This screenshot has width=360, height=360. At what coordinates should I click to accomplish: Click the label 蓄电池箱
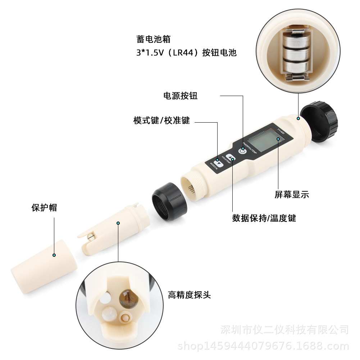click(149, 39)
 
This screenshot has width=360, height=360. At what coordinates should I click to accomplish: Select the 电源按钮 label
click(180, 96)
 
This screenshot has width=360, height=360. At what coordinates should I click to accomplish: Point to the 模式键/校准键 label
click(161, 120)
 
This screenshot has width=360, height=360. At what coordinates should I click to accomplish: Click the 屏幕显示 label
click(292, 195)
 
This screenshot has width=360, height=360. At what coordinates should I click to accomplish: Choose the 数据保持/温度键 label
click(264, 218)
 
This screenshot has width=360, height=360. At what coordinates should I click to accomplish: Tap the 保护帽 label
click(44, 208)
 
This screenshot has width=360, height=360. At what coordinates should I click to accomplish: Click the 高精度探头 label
click(189, 295)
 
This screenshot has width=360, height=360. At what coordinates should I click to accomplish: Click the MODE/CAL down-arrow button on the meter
click(218, 161)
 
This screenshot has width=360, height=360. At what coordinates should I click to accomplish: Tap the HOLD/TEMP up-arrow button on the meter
click(231, 156)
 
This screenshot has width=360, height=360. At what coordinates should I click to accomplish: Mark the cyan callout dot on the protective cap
click(54, 255)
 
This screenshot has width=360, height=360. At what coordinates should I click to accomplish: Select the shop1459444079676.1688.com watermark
click(263, 346)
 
